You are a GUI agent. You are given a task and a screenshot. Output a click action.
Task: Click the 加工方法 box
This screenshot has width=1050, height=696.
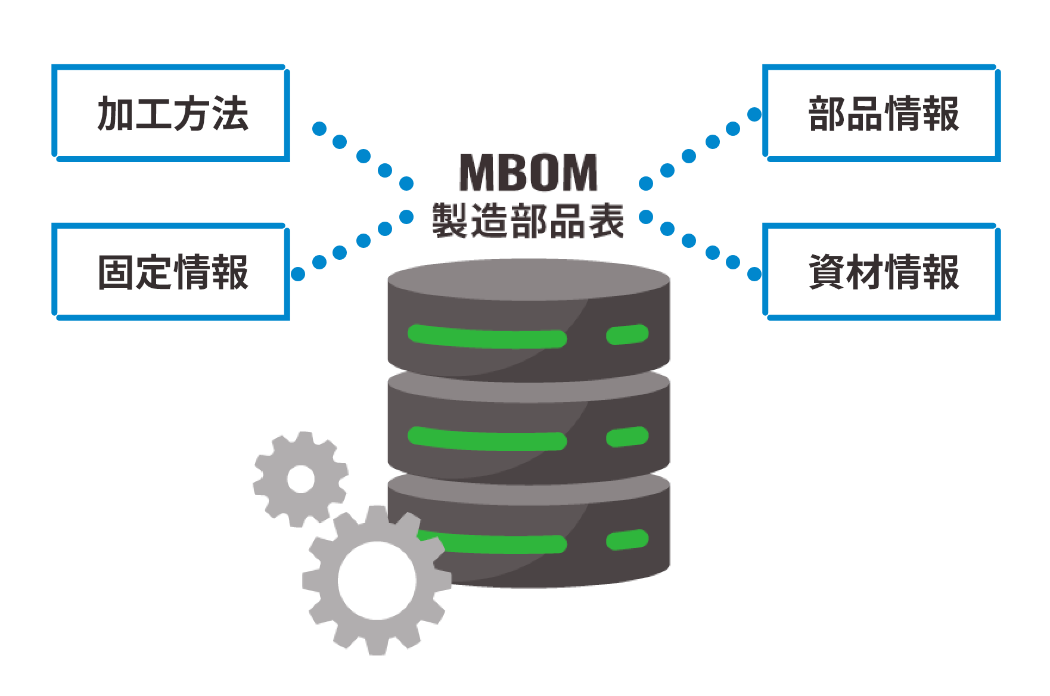coord(171,113)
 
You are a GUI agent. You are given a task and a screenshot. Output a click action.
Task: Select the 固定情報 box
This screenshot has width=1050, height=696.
coord(171,272)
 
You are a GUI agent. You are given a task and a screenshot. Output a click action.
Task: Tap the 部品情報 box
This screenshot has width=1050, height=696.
coord(882,113)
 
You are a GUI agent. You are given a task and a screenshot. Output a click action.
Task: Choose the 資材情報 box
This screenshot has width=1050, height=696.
coord(882,272)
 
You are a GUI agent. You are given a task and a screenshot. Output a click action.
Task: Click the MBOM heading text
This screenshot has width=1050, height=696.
coord(528,173)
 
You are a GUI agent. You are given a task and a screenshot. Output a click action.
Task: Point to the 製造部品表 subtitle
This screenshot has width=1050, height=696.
coord(528,220)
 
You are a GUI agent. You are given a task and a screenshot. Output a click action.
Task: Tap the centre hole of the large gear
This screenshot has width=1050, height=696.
coord(377,580)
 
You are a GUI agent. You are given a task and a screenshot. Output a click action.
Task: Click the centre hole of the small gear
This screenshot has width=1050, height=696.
coord(301,478)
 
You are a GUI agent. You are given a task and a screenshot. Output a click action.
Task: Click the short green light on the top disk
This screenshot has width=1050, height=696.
coord(627,334)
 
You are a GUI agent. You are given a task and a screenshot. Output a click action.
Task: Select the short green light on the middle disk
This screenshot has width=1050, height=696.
coord(627,437)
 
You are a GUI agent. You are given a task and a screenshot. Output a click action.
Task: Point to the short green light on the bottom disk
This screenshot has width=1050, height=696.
coord(627,539)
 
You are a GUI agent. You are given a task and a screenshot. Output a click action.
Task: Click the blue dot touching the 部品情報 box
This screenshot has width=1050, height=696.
coord(754,114)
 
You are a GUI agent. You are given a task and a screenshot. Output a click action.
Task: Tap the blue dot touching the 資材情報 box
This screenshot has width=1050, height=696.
coord(754,274)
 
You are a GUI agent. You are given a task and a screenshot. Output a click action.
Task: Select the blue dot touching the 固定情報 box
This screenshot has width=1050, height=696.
coord(298,274)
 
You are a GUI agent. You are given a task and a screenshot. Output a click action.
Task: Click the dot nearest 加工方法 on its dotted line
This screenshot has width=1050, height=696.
coord(319,129)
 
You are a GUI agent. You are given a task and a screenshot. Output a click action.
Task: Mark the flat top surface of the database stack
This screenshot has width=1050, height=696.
coord(529,279)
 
